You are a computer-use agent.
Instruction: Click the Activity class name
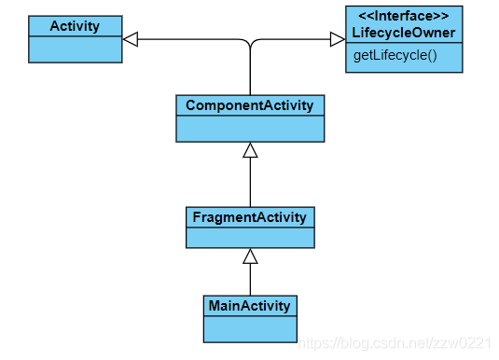tap(75, 26)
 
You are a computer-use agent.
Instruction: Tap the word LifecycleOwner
tap(404, 33)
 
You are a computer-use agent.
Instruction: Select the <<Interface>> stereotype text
tap(404, 16)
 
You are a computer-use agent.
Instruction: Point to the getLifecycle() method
tap(395, 55)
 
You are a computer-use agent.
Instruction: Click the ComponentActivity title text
tap(250, 105)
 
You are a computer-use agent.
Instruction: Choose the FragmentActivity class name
tap(250, 217)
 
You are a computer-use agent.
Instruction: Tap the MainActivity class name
tap(250, 306)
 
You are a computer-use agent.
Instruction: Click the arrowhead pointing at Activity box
tap(131, 39)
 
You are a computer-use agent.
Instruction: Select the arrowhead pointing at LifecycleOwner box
tap(338, 39)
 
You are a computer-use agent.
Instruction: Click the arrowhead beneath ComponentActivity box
tap(250, 150)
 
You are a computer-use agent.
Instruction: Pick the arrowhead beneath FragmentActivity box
tap(250, 256)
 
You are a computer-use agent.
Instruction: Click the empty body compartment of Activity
tap(76, 49)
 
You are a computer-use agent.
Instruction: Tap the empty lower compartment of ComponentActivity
tap(250, 129)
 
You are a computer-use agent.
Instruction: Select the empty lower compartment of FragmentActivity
tap(250, 238)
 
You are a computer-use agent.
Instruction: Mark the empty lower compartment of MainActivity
tap(250, 329)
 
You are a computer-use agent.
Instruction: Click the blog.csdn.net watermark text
tap(395, 343)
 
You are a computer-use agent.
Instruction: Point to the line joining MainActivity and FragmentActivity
tap(250, 280)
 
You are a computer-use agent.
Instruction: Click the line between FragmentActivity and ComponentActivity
tap(250, 182)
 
